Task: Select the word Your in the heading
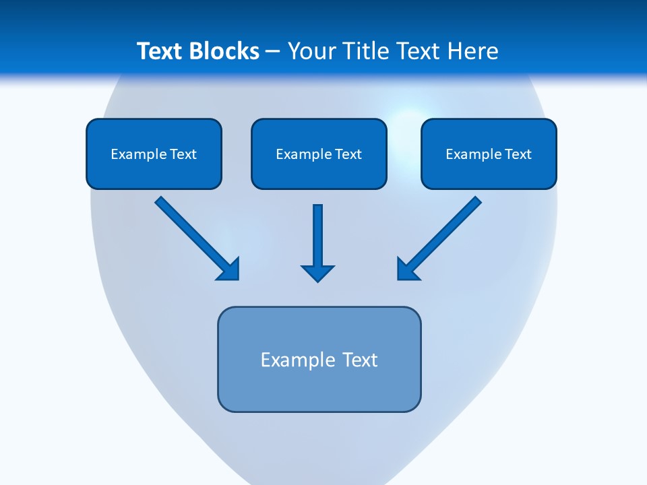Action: click(310, 51)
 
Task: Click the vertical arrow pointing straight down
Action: click(318, 236)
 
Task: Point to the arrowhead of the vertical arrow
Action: click(318, 273)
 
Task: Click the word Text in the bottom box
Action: click(360, 360)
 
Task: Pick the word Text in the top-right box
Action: click(518, 154)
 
